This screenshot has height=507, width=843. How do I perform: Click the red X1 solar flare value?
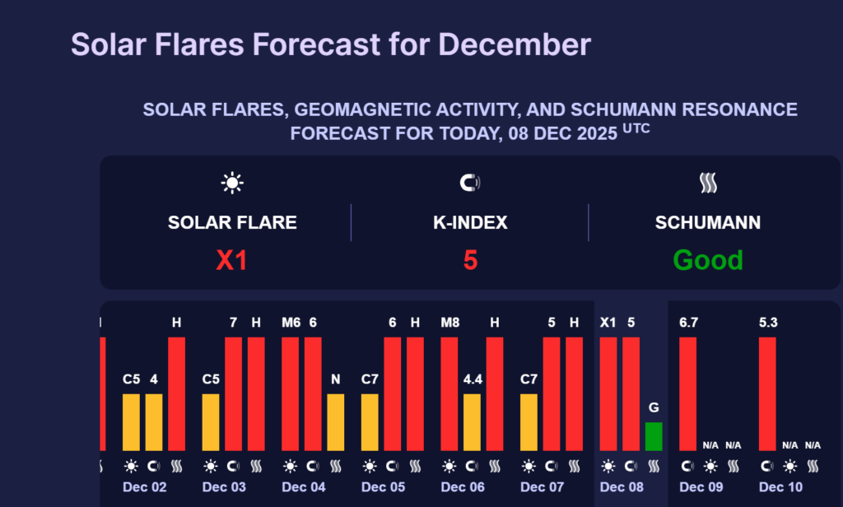click(x=231, y=261)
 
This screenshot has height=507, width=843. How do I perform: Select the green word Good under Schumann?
click(x=708, y=261)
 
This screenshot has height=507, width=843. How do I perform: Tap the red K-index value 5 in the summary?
click(x=470, y=261)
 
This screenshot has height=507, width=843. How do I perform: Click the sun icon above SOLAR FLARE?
click(x=232, y=184)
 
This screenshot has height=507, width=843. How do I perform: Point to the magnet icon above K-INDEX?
click(x=470, y=184)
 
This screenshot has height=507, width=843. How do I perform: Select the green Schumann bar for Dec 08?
click(x=653, y=436)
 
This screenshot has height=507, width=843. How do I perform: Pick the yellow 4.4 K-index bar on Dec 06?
click(x=472, y=422)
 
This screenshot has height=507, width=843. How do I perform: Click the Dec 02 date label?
click(x=145, y=487)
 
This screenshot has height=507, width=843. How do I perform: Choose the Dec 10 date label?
click(x=781, y=487)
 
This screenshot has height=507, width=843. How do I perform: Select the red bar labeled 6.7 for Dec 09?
click(x=687, y=393)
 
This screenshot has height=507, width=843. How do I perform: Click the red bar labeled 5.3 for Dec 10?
click(x=767, y=393)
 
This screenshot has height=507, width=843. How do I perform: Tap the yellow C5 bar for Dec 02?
click(x=132, y=422)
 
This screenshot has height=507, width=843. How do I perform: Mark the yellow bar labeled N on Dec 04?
click(x=336, y=422)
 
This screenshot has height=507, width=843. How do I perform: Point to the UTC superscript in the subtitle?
click(x=636, y=129)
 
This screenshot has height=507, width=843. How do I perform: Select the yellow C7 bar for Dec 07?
click(x=529, y=422)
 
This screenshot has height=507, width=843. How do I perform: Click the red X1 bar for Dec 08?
click(x=608, y=393)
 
